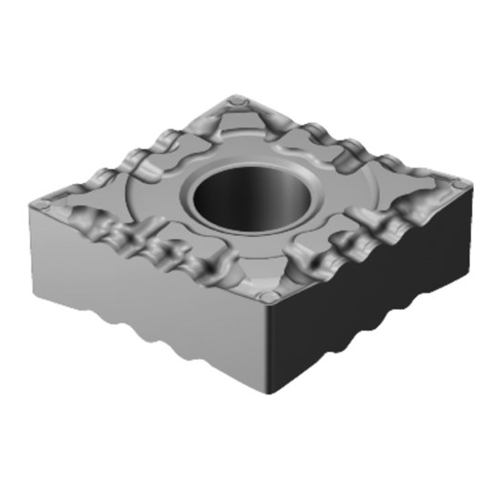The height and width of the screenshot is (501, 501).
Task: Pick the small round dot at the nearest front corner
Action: coord(267,297)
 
